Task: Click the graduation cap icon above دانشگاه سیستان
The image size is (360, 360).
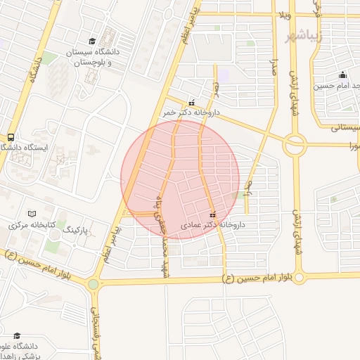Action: pyautogui.click(x=93, y=42)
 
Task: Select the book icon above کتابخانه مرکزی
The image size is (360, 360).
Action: pyautogui.click(x=31, y=214)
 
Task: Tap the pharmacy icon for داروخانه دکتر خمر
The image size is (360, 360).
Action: pyautogui.click(x=191, y=101)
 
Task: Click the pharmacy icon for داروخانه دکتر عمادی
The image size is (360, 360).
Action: pyautogui.click(x=213, y=214)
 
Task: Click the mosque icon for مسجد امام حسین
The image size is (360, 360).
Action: pyautogui.click(x=342, y=75)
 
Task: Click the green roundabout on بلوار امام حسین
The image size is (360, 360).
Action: pyautogui.click(x=93, y=284)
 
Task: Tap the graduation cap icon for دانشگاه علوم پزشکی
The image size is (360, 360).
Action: pyautogui.click(x=17, y=335)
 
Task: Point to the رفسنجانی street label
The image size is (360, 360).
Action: pyautogui.click(x=97, y=330)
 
